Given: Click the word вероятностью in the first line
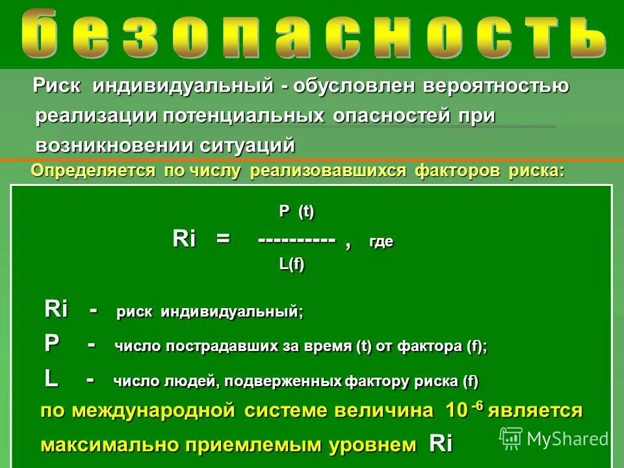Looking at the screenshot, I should click(x=497, y=86).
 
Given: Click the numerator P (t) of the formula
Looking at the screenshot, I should click(x=296, y=211).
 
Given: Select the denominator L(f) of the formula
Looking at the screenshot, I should click(x=292, y=265).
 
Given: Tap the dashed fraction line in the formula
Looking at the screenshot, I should click(x=296, y=239).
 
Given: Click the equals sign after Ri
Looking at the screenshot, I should click(x=224, y=239).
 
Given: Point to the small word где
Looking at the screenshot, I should click(x=381, y=242).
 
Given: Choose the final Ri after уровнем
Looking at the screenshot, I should click(x=441, y=445).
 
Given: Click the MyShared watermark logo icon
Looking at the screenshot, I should click(x=511, y=438).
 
